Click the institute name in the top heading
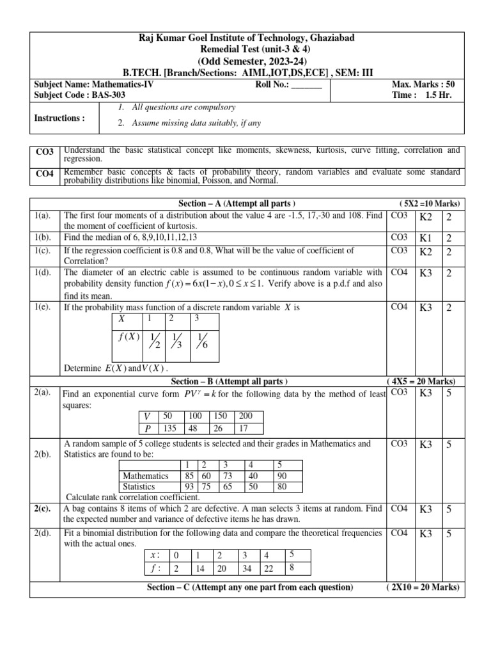(245, 38)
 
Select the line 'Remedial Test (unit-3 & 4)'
(245, 49)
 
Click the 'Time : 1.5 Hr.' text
(431, 95)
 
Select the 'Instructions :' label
(59, 118)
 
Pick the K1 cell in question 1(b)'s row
(426, 238)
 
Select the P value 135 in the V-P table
(171, 427)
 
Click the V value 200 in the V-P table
(246, 416)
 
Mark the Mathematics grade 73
(225, 476)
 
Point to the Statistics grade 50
(253, 485)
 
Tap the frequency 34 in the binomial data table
(244, 567)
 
